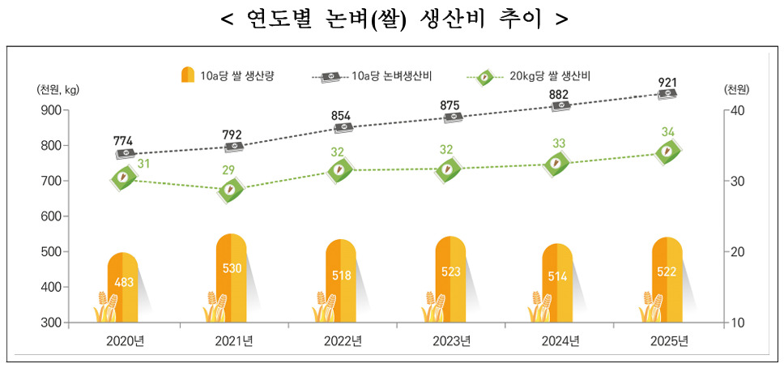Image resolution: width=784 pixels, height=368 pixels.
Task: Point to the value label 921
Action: point(667,83)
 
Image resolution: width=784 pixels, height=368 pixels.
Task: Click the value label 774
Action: point(123,140)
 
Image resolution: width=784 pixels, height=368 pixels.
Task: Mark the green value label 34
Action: point(667,131)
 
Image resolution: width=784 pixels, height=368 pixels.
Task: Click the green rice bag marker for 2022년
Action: point(340,170)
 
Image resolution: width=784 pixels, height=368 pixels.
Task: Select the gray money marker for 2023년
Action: point(450,118)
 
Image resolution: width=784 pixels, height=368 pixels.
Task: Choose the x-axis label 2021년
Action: point(233,340)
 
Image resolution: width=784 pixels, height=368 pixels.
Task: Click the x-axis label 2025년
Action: point(669,340)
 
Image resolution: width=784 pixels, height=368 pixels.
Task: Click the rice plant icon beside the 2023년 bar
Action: point(432,307)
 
